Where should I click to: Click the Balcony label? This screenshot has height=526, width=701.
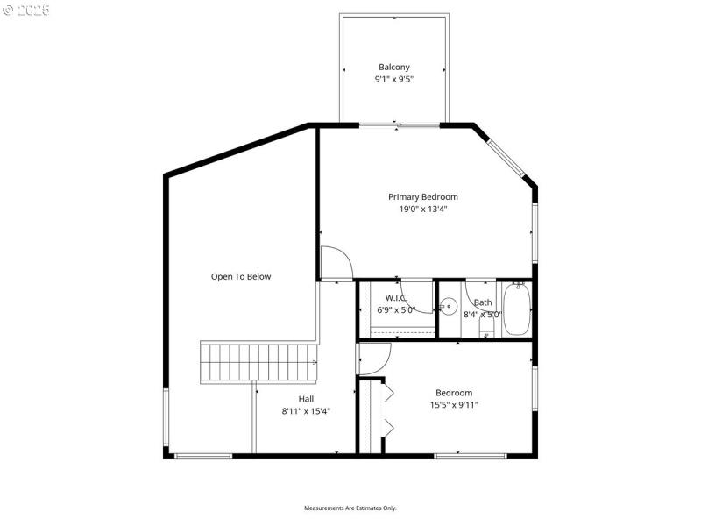(x=393, y=67)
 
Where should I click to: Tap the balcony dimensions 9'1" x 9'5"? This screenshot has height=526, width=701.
(x=393, y=79)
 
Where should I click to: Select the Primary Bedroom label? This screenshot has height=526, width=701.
(x=423, y=196)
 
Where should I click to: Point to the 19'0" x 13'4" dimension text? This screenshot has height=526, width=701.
(x=423, y=209)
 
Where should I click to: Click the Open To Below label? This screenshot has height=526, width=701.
(x=241, y=276)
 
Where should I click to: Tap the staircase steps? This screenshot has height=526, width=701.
(x=258, y=362)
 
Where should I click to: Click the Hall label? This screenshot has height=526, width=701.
(x=306, y=398)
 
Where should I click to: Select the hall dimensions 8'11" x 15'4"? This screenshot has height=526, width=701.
(x=306, y=410)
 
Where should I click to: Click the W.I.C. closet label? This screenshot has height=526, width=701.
(x=397, y=298)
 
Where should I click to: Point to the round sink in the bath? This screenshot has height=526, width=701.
(x=449, y=307)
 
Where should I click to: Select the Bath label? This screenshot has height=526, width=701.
(x=483, y=302)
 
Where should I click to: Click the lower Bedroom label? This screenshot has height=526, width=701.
(x=454, y=393)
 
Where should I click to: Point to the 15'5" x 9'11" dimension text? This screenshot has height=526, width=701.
(x=454, y=405)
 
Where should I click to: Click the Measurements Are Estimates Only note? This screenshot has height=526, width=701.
(x=350, y=508)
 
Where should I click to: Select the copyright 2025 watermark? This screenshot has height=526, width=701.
(x=26, y=11)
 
